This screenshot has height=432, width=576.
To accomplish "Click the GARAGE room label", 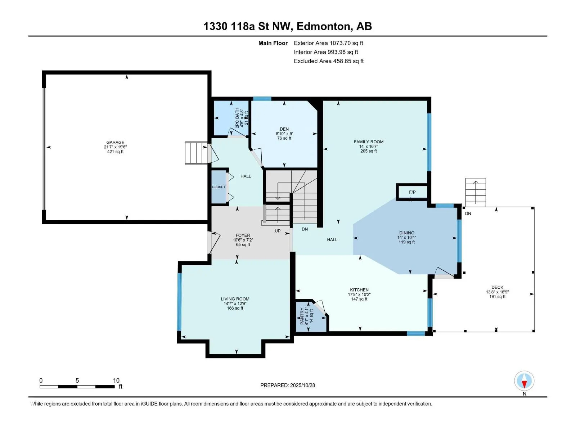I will [115, 143].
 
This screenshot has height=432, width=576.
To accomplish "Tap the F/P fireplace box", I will [412, 192].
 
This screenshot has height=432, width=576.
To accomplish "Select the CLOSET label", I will [219, 187].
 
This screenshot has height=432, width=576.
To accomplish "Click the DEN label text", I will [284, 129].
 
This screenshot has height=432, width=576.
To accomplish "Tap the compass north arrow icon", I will [524, 381].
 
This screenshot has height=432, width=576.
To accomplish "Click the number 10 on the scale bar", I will [116, 381].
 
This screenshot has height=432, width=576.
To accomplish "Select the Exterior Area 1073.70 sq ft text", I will [328, 43].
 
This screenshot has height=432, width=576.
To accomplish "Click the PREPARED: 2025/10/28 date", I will [288, 385].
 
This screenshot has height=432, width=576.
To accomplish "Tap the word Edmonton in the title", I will [324, 26].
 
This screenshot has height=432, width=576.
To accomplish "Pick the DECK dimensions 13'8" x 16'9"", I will [497, 292].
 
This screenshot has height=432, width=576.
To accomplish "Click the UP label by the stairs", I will [278, 231].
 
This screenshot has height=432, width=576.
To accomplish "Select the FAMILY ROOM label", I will [369, 142].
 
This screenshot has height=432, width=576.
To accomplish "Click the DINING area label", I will [406, 233].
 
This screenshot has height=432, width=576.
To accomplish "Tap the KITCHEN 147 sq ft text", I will [359, 299].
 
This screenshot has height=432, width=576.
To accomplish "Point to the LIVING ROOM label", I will [235, 299].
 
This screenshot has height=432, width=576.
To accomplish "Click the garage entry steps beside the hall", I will [196, 153].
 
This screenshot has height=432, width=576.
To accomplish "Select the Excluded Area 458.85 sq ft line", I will [329, 61].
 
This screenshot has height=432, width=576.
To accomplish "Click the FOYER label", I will [243, 235].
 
